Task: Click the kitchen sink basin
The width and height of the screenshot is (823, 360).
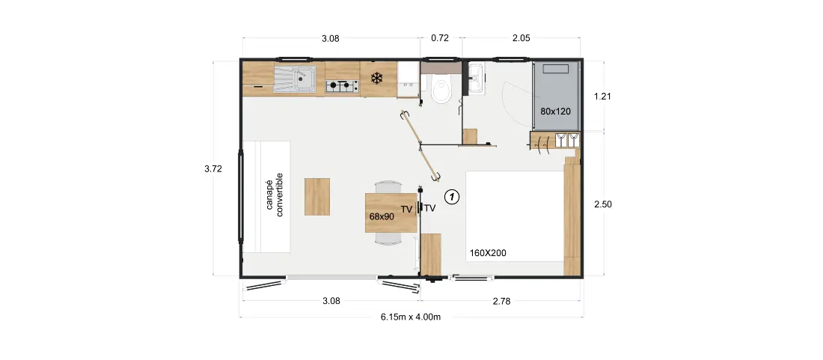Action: (x=302, y=81)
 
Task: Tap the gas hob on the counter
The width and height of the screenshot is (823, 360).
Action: (x=342, y=86)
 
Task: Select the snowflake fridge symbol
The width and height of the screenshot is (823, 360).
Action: (x=376, y=79)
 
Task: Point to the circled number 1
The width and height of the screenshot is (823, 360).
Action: (x=452, y=197)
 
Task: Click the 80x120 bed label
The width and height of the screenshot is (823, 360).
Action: (x=555, y=112)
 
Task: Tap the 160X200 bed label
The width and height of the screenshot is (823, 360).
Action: (x=488, y=253)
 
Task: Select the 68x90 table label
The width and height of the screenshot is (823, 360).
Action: (x=382, y=215)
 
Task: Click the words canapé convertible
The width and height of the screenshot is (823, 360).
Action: (x=275, y=195)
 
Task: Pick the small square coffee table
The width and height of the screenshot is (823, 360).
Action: (x=317, y=197)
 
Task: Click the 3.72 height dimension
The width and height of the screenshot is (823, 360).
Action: (x=214, y=168)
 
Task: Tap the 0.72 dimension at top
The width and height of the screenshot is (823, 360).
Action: (x=440, y=37)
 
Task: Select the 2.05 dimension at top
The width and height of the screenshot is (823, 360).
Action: (x=521, y=37)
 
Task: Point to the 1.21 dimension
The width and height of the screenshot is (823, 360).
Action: (x=602, y=97)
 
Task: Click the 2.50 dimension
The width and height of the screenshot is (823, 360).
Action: (x=602, y=204)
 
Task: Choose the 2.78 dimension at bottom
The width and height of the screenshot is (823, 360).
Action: (x=501, y=301)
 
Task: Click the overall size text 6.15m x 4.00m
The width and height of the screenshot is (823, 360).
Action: (x=411, y=317)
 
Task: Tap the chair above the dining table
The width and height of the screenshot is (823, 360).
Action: (x=389, y=187)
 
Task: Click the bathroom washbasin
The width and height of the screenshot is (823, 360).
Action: (x=477, y=79)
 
